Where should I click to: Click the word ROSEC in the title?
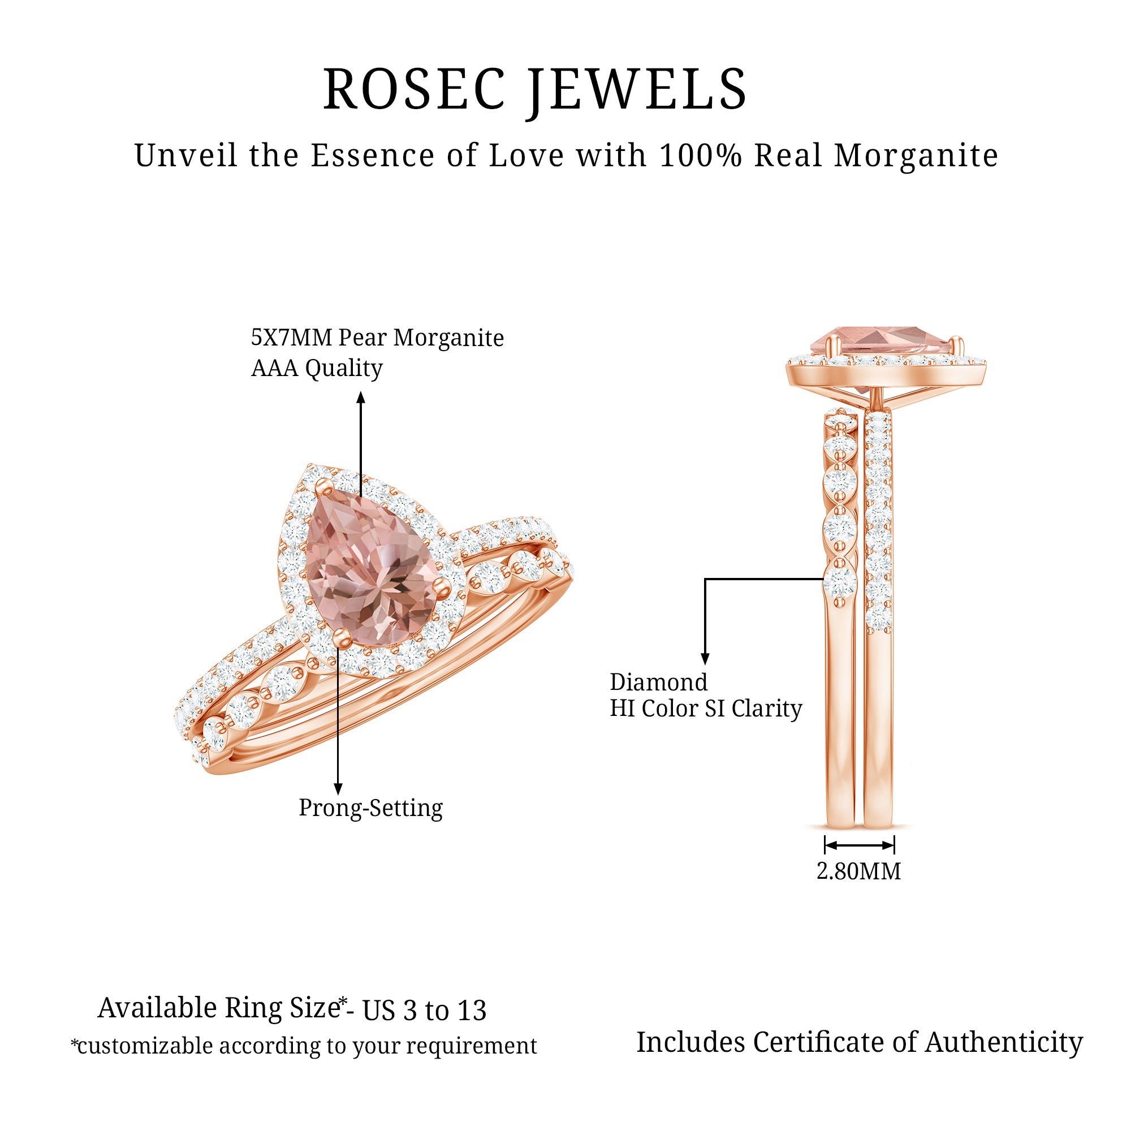tap(414, 89)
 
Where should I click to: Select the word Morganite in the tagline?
tap(916, 156)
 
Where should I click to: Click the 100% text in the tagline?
tap(700, 156)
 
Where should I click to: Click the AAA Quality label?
tap(317, 368)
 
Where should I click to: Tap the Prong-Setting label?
tap(370, 808)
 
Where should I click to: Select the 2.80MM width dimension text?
tap(859, 871)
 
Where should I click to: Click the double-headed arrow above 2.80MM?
tap(860, 845)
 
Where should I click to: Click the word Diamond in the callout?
tap(659, 683)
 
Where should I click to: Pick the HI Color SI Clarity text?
tap(705, 709)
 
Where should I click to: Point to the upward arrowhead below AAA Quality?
tap(361, 398)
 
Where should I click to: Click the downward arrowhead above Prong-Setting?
tap(338, 789)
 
